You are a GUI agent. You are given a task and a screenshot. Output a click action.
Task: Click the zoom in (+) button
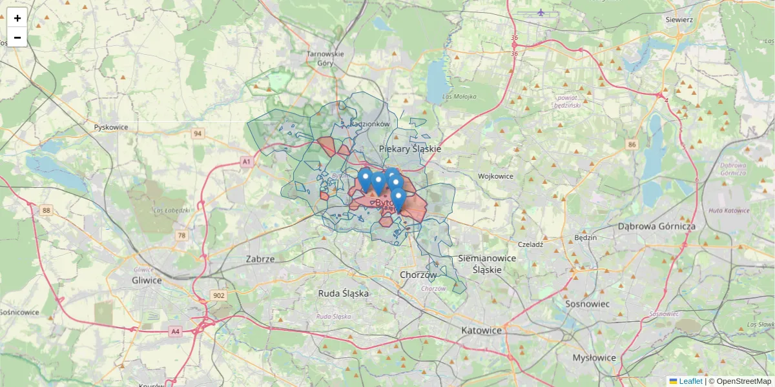tap(17, 18)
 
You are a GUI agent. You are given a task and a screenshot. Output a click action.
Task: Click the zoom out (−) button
tap(17, 37)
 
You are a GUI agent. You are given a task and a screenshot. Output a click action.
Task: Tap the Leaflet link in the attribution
tap(690, 381)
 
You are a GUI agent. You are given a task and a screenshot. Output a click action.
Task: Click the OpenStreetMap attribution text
tap(743, 381)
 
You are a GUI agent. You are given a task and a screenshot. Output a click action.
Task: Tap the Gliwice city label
tap(147, 281)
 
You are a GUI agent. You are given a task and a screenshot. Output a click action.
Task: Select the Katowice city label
tap(481, 330)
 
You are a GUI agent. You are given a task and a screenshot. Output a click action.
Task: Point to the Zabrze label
tap(260, 259)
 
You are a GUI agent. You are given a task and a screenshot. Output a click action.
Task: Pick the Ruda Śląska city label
tap(344, 293)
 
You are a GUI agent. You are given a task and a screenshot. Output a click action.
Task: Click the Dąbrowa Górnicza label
tap(656, 226)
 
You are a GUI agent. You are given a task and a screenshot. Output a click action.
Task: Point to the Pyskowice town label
tap(111, 127)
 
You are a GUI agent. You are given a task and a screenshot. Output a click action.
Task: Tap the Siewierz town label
tap(679, 20)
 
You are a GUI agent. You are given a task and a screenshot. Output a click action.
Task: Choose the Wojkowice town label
tap(495, 176)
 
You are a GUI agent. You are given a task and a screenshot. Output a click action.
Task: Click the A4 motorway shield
tap(175, 332)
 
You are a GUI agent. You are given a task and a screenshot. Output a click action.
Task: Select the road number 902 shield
tap(219, 295)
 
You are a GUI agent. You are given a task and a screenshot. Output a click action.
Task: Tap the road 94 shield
tap(197, 134)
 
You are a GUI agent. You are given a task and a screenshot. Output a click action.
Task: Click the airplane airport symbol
tap(541, 12)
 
